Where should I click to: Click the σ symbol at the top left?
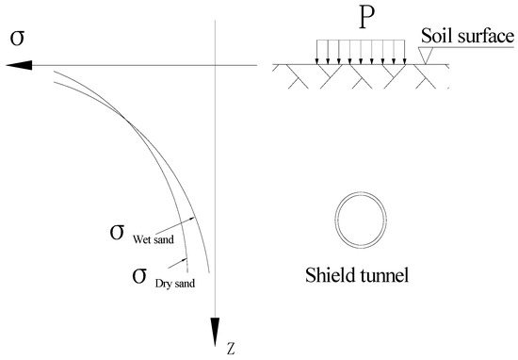coord(16,39)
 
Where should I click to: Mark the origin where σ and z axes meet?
coord(216,64)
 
